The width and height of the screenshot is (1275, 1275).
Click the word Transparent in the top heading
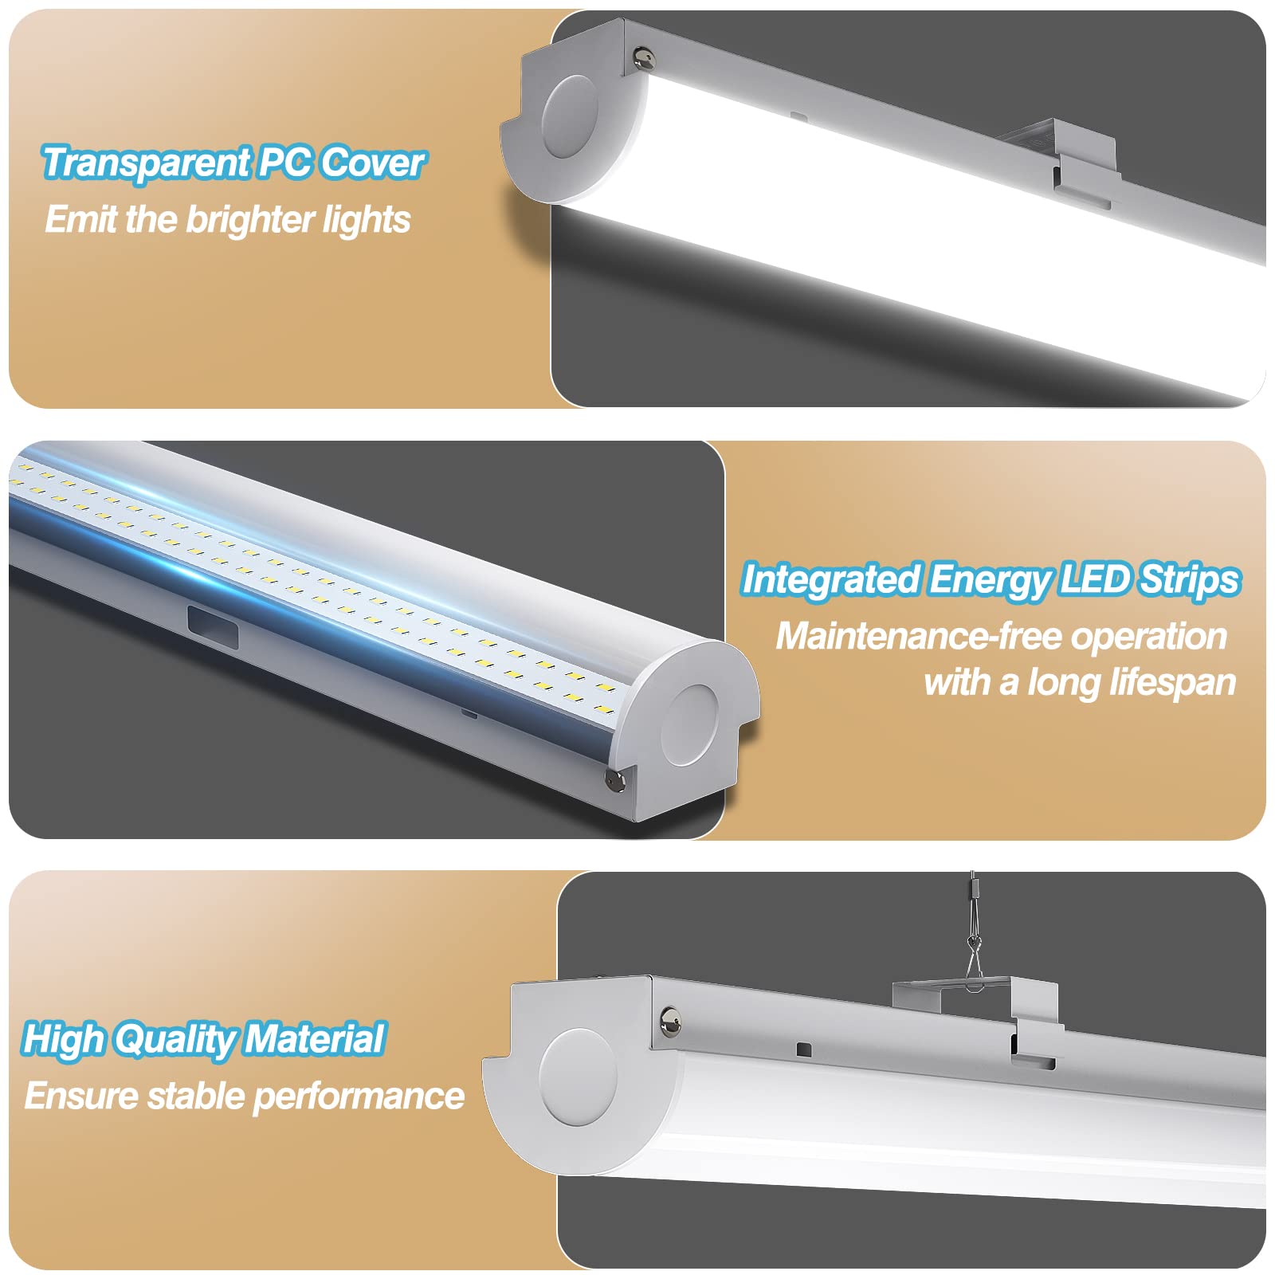pos(146,163)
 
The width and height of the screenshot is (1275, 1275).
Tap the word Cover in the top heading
pos(373,163)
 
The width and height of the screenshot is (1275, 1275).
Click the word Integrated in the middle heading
pos(831,579)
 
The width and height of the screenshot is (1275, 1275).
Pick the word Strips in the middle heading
pos(1190,580)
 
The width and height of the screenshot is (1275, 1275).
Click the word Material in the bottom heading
pos(316,1039)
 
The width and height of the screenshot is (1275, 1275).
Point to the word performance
pos(359,1097)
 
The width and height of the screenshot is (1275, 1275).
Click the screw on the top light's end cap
pos(644,57)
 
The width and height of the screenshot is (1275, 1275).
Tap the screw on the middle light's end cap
pos(615,780)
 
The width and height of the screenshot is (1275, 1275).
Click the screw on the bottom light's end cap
pos(670,1018)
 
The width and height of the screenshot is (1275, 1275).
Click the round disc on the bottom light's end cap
pos(578,1075)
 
